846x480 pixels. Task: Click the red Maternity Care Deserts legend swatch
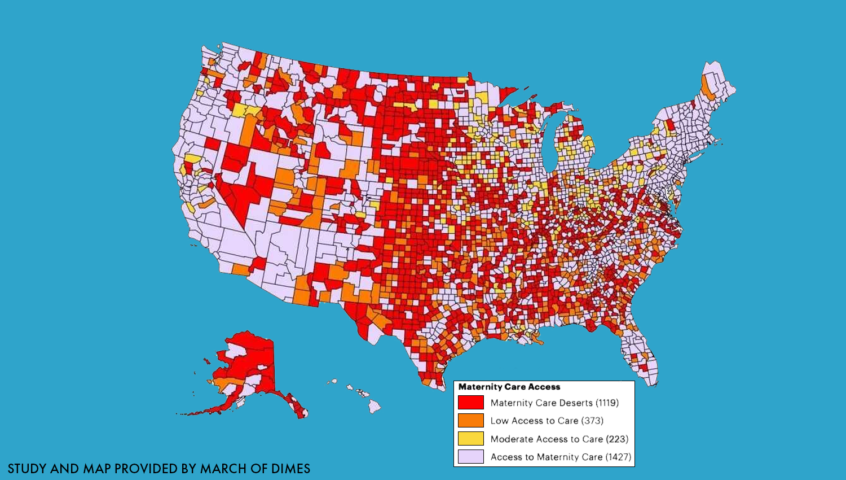coord(470,403)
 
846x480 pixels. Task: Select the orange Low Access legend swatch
coord(470,421)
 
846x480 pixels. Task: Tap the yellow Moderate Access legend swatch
coord(470,439)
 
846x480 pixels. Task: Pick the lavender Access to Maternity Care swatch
coord(470,457)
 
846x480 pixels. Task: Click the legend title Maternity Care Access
coord(509,387)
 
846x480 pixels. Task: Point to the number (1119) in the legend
coord(607,403)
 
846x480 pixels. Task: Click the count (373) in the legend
coord(592,421)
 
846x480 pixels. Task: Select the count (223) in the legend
coord(617,439)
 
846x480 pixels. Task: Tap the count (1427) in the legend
coord(618,457)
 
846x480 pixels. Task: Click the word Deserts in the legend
coord(576,403)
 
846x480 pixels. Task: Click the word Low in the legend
coord(499,421)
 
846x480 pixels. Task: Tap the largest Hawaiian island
coord(374,406)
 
